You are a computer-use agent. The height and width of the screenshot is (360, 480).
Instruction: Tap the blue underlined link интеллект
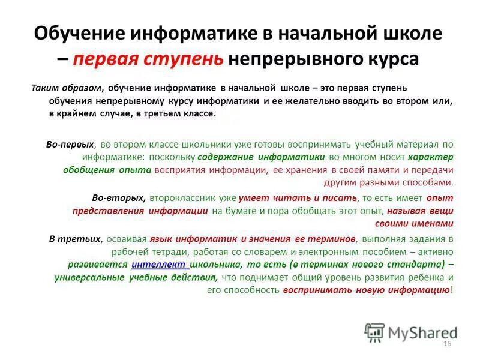[159, 265]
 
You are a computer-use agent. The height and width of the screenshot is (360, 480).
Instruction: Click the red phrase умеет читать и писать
[298, 197]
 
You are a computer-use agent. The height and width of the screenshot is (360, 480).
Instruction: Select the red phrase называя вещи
[419, 211]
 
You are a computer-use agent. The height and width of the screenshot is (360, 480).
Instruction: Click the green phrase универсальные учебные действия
[136, 277]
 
